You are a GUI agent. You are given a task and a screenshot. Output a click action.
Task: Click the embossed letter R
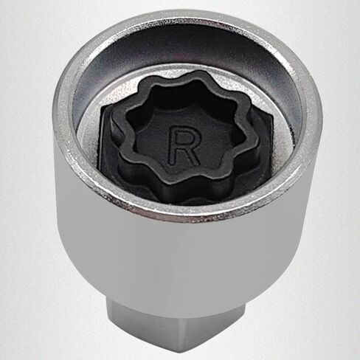coord(184,145)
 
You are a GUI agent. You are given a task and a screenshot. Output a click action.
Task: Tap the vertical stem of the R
coord(172,145)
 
